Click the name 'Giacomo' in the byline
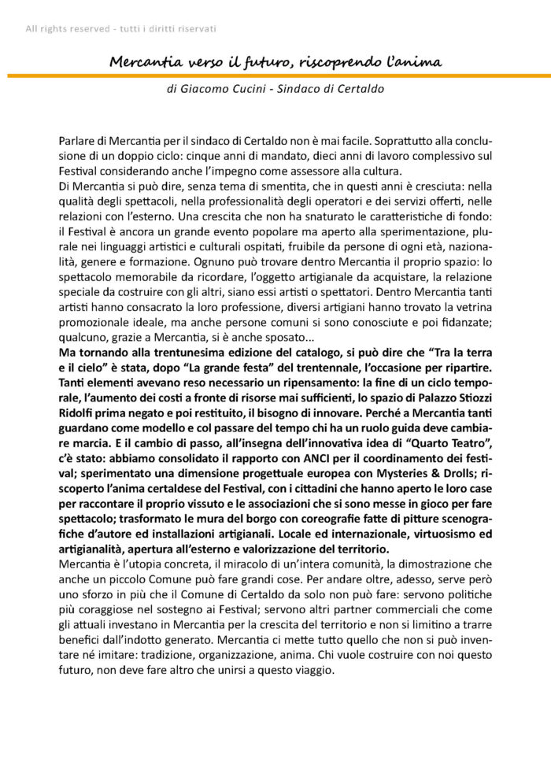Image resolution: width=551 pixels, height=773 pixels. point(205,90)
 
